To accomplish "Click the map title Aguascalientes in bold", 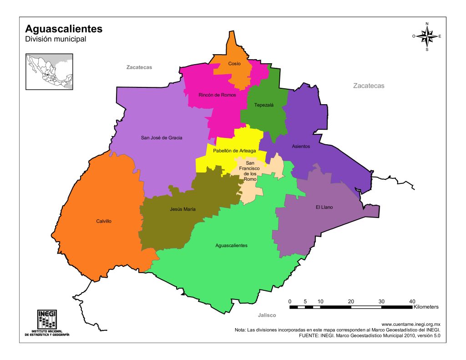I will click(x=64, y=29).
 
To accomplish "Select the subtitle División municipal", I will click(x=56, y=40).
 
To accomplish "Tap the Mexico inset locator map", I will click(x=49, y=71).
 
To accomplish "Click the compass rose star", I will click(x=427, y=36).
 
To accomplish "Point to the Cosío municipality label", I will click(x=234, y=64).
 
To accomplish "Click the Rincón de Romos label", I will click(x=217, y=95).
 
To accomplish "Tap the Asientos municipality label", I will click(x=301, y=147).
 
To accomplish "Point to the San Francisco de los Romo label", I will click(x=250, y=171).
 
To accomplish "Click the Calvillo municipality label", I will click(x=104, y=221).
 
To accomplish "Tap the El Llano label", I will click(x=324, y=208).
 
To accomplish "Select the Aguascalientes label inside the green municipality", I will click(x=231, y=245).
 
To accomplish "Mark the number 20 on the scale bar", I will click(x=351, y=302).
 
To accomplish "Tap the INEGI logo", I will click(x=47, y=323).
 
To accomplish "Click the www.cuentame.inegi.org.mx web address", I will click(x=410, y=324).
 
